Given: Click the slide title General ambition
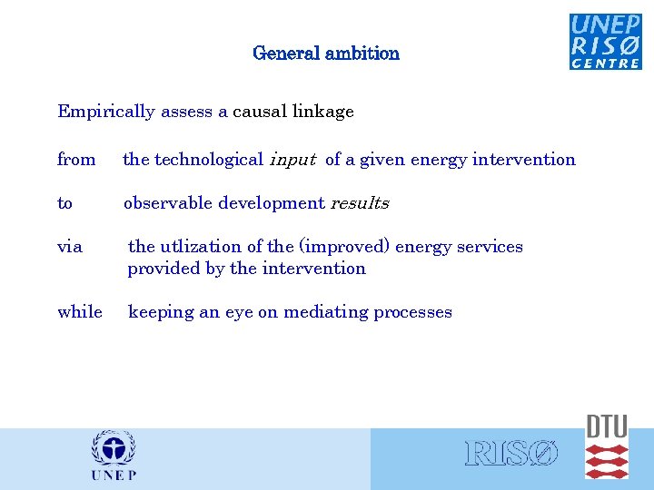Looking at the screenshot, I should coord(326,53).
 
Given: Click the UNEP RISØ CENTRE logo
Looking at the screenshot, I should coord(605,41).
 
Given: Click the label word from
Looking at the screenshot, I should coord(76,160).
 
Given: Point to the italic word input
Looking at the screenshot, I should coord(292,160).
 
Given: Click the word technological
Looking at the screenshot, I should coord(209,160).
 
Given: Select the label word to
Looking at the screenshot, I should coord(64,203).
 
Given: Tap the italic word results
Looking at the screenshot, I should coord(360,203).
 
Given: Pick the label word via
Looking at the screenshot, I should coord(70,247).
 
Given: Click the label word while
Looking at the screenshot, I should coord(80,312).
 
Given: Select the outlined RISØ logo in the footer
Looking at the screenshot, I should coord(511,455).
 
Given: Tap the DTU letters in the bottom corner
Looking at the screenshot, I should coord(606,426).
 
